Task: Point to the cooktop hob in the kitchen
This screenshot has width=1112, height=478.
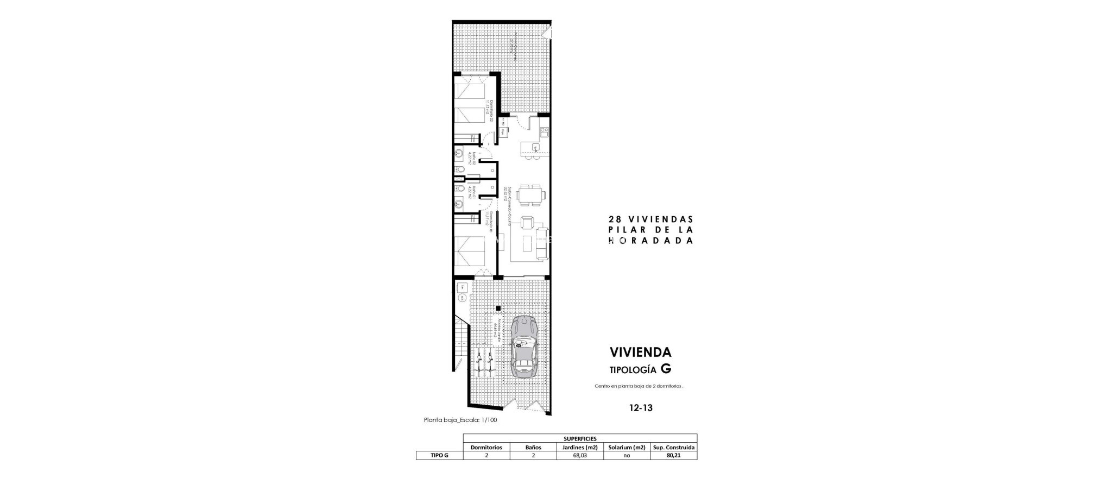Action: [x=545, y=131]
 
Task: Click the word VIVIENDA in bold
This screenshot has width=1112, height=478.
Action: [x=641, y=352]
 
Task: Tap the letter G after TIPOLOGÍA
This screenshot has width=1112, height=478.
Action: [x=666, y=369]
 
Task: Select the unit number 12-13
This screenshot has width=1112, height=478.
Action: [x=641, y=407]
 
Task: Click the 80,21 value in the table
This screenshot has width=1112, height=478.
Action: [x=673, y=456]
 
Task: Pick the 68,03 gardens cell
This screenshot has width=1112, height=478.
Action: [x=580, y=456]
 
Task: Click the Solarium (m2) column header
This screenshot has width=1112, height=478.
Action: [x=627, y=447]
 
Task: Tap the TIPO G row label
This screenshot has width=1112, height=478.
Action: [x=439, y=456]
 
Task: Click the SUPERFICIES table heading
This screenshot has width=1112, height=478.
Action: [x=580, y=438]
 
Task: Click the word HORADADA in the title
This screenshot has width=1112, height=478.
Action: [x=651, y=241]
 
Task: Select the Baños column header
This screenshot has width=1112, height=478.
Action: [x=533, y=447]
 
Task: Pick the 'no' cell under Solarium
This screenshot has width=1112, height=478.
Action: [x=627, y=456]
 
